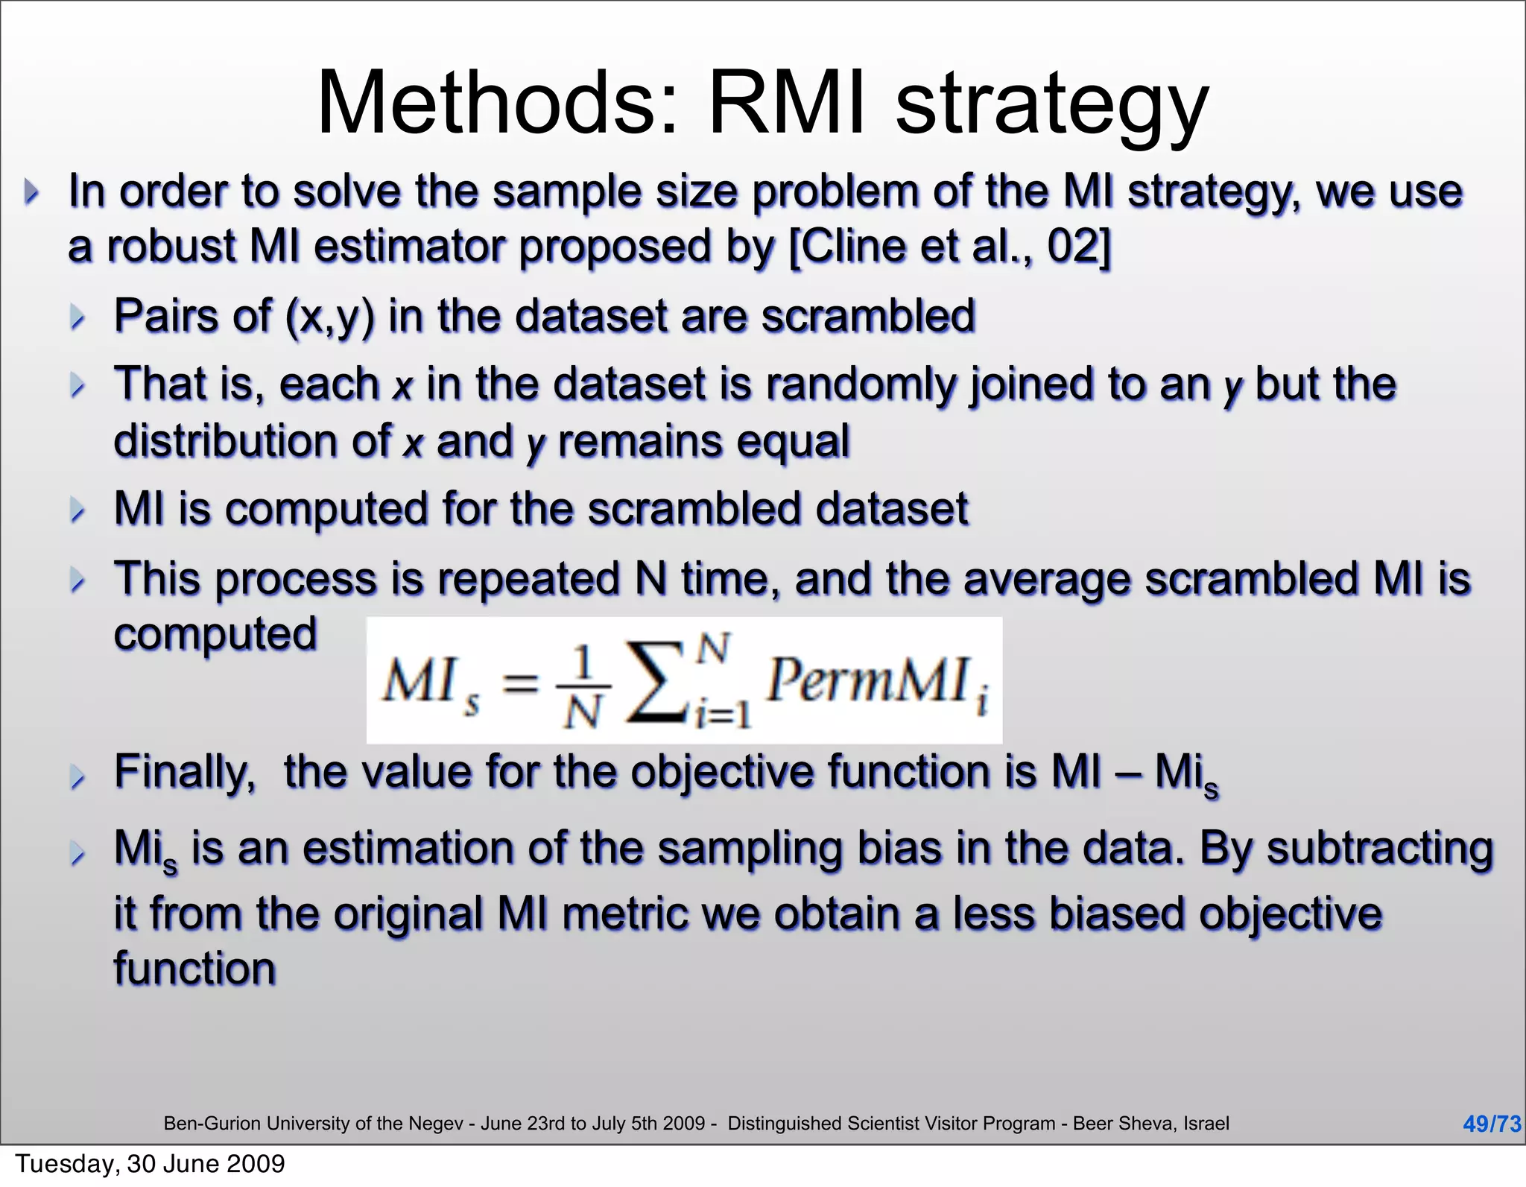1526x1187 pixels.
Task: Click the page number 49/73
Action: pos(1491,1124)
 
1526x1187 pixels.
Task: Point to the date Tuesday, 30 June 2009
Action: pos(150,1164)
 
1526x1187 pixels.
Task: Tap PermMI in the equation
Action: pos(869,680)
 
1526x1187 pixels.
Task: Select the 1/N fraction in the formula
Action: pos(584,686)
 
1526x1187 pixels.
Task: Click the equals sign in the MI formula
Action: pos(520,682)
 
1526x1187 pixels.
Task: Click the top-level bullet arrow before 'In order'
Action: pos(31,191)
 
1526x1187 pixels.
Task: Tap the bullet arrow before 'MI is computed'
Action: pos(77,510)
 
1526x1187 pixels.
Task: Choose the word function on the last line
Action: pos(194,969)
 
